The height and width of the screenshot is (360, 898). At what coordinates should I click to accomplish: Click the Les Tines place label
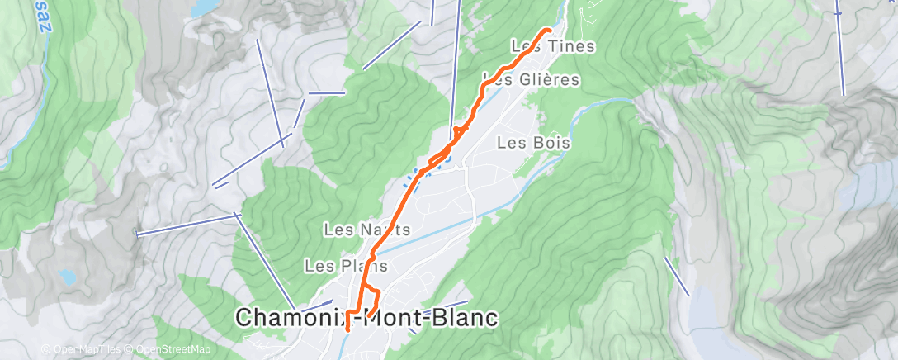click(x=552, y=46)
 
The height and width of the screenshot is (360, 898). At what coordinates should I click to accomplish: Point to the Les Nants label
click(x=355, y=228)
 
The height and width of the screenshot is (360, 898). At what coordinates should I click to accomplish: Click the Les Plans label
click(x=334, y=266)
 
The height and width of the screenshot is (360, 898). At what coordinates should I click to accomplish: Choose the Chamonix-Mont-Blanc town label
click(x=367, y=317)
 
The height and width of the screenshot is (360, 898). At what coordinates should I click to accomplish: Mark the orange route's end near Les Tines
click(x=549, y=30)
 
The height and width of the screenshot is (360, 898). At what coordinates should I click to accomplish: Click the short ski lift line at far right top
click(x=840, y=50)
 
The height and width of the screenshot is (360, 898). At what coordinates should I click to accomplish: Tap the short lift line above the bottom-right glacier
click(x=677, y=276)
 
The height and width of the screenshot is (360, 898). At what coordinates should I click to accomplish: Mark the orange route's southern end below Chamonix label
click(x=347, y=329)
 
